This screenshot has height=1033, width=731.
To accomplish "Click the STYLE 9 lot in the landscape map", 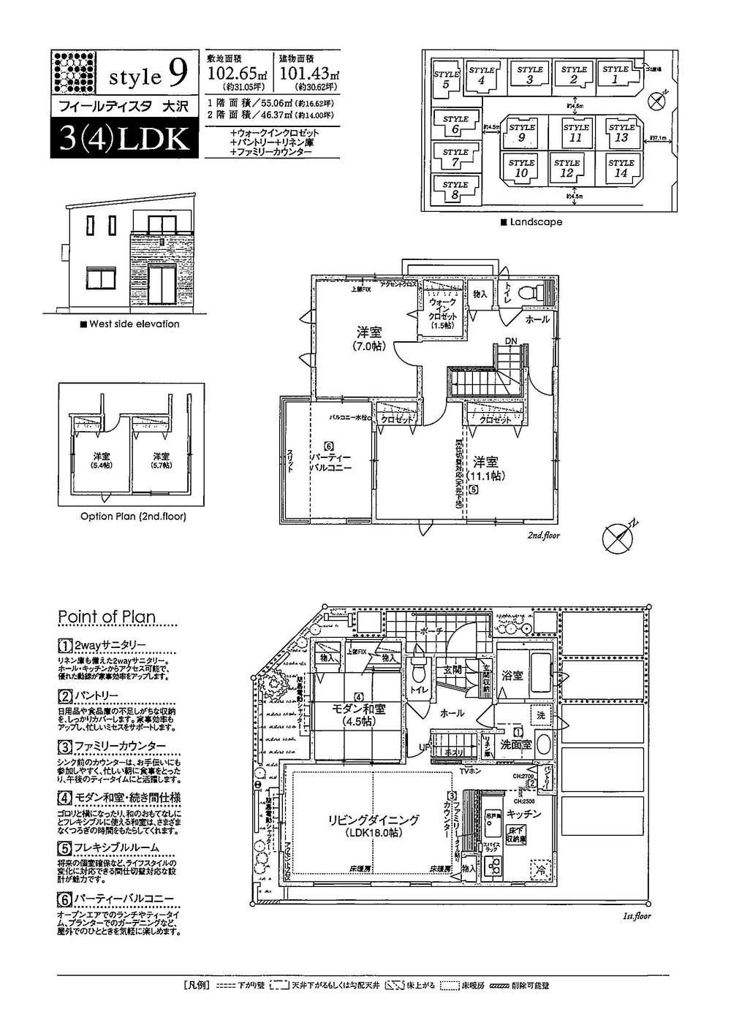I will click(522, 132).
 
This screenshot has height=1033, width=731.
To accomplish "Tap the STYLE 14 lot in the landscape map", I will click(621, 168).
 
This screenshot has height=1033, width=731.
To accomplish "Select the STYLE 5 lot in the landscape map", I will click(445, 79).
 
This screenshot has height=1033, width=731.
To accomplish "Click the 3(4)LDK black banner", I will click(123, 140).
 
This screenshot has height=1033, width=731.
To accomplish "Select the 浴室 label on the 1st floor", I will click(512, 676).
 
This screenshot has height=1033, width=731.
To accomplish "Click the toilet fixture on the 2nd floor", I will click(526, 294).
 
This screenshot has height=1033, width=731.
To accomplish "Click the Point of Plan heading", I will click(107, 617).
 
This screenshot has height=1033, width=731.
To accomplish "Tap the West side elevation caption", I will click(129, 324).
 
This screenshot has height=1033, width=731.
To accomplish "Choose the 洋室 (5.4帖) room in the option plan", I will click(102, 460).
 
